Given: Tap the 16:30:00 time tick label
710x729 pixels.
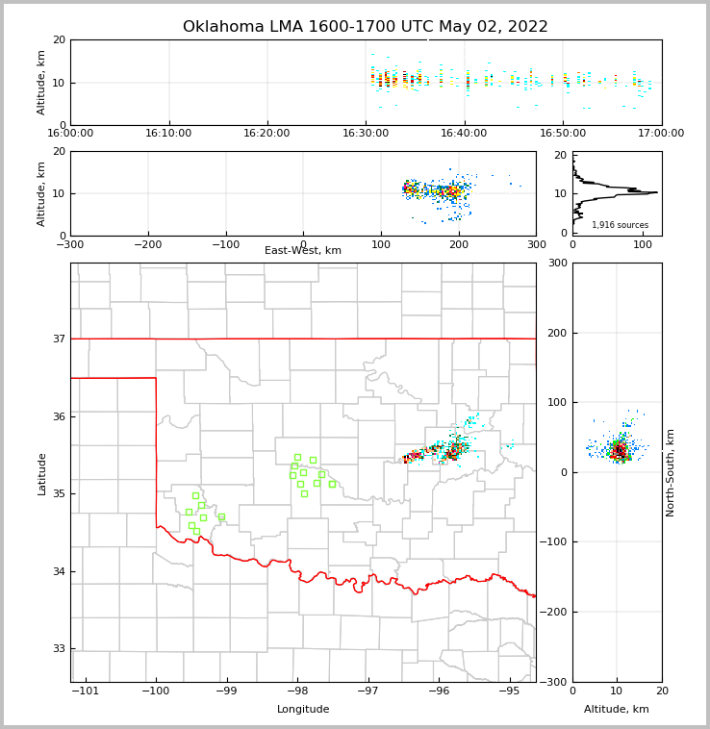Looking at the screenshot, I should [x=366, y=134].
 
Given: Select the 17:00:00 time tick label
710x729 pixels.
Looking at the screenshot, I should [x=661, y=134].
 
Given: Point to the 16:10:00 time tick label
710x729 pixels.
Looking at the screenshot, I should [x=169, y=134].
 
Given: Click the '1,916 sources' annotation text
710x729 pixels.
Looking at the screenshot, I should [x=620, y=225].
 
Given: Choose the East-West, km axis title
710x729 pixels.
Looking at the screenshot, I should [x=303, y=251].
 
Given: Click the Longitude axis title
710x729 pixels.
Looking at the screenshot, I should [x=303, y=710].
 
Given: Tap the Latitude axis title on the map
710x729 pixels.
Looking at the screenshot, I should [x=41, y=473].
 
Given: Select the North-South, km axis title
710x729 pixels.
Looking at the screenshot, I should [x=671, y=472].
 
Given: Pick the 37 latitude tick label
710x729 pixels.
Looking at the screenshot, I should [x=58, y=339].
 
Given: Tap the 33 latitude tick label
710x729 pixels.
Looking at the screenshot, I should [x=58, y=649].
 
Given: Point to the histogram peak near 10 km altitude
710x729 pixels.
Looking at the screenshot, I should [x=656, y=192].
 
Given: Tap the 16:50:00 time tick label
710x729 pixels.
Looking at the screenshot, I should [x=563, y=134].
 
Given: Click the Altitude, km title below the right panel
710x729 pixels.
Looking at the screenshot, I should [x=617, y=710].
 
